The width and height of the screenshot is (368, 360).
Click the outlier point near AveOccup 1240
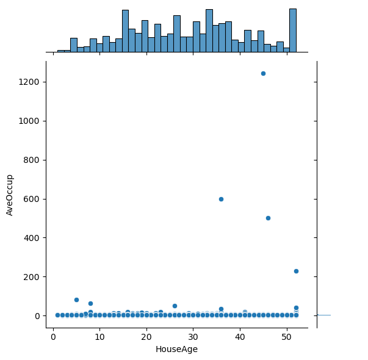click(263, 73)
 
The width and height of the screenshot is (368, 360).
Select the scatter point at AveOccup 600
click(221, 199)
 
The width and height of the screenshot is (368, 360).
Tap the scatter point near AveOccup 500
click(268, 218)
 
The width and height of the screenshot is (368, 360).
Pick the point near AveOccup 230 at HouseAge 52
click(296, 271)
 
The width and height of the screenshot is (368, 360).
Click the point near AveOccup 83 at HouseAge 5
click(76, 300)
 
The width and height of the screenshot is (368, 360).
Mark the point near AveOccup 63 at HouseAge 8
click(90, 303)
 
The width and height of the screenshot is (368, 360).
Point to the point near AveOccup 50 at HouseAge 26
click(175, 306)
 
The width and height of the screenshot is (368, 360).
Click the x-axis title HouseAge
click(177, 350)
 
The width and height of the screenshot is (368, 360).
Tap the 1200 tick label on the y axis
click(30, 82)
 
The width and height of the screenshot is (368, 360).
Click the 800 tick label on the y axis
click(32, 160)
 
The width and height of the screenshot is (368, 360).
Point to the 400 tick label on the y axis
click(32, 238)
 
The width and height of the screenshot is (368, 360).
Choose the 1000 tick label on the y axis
click(30, 121)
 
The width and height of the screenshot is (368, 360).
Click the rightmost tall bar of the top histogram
click(293, 31)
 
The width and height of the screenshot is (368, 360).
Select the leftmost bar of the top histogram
click(60, 51)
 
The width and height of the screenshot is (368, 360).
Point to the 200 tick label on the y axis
click(32, 277)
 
